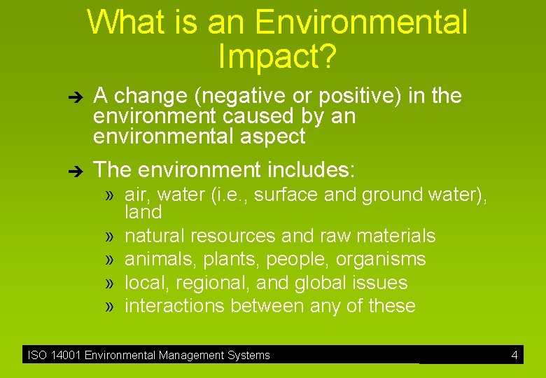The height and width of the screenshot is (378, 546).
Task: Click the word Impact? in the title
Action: click(x=277, y=56)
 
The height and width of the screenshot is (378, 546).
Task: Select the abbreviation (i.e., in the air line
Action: click(x=229, y=195)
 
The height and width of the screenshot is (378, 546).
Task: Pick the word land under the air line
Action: click(x=143, y=212)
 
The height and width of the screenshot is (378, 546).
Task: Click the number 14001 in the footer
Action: click(x=65, y=356)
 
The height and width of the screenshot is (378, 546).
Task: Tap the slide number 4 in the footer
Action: click(x=514, y=356)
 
